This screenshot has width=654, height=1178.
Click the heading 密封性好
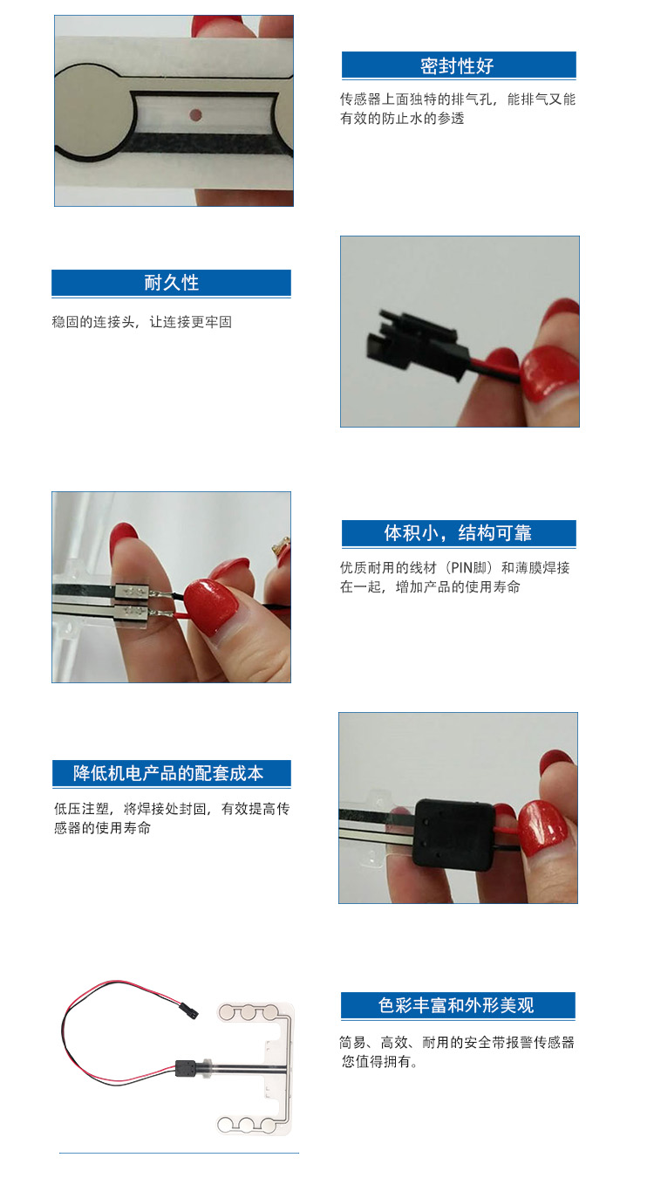[x=458, y=65]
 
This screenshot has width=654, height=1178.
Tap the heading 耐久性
[x=171, y=283]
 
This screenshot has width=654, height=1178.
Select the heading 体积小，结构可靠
[x=458, y=533]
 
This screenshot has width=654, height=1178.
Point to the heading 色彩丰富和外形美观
[x=457, y=1005]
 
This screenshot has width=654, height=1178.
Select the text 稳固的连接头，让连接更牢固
[x=142, y=322]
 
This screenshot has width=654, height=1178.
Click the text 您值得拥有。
[x=380, y=1062]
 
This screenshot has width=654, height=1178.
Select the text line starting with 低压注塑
[x=171, y=809]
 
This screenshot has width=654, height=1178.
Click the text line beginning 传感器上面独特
[x=457, y=99]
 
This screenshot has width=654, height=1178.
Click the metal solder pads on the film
[x=135, y=602]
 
